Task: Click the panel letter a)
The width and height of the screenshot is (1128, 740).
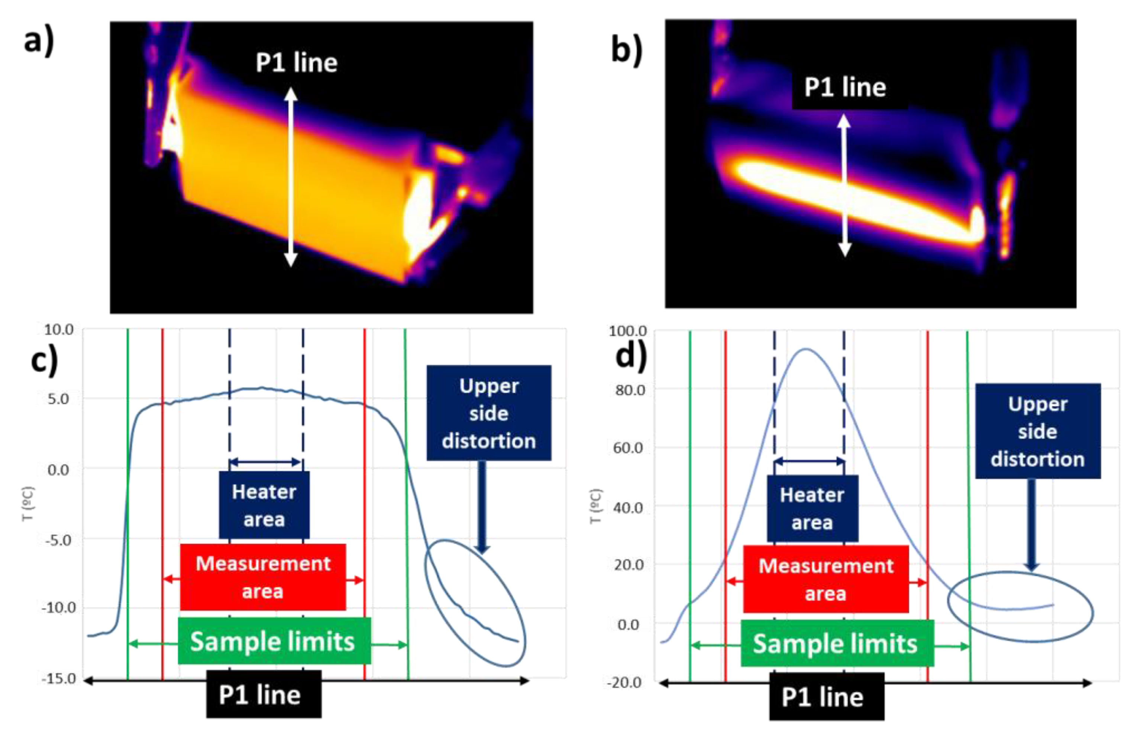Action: [39, 40]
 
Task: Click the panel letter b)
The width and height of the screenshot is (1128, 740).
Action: [627, 49]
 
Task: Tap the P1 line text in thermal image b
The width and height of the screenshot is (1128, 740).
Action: [845, 88]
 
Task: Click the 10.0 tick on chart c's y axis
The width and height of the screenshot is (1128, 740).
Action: [59, 329]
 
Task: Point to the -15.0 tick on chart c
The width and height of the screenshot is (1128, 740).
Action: [59, 678]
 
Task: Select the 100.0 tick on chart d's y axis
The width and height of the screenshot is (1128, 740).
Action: [627, 331]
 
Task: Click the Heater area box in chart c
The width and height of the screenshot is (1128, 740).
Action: [264, 505]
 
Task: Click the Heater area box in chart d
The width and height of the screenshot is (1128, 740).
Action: [812, 509]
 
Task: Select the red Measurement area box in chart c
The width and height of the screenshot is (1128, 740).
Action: [263, 577]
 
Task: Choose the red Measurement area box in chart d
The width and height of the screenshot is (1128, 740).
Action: [825, 579]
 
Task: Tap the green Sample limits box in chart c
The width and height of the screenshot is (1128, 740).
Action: [274, 642]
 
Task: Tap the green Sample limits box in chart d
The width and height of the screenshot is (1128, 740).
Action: [837, 644]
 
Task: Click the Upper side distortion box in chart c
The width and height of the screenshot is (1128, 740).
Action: [489, 413]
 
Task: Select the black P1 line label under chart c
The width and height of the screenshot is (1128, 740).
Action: [264, 695]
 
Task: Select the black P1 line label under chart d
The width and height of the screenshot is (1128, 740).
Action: [827, 697]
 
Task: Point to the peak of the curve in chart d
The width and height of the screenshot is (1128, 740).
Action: [806, 349]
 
